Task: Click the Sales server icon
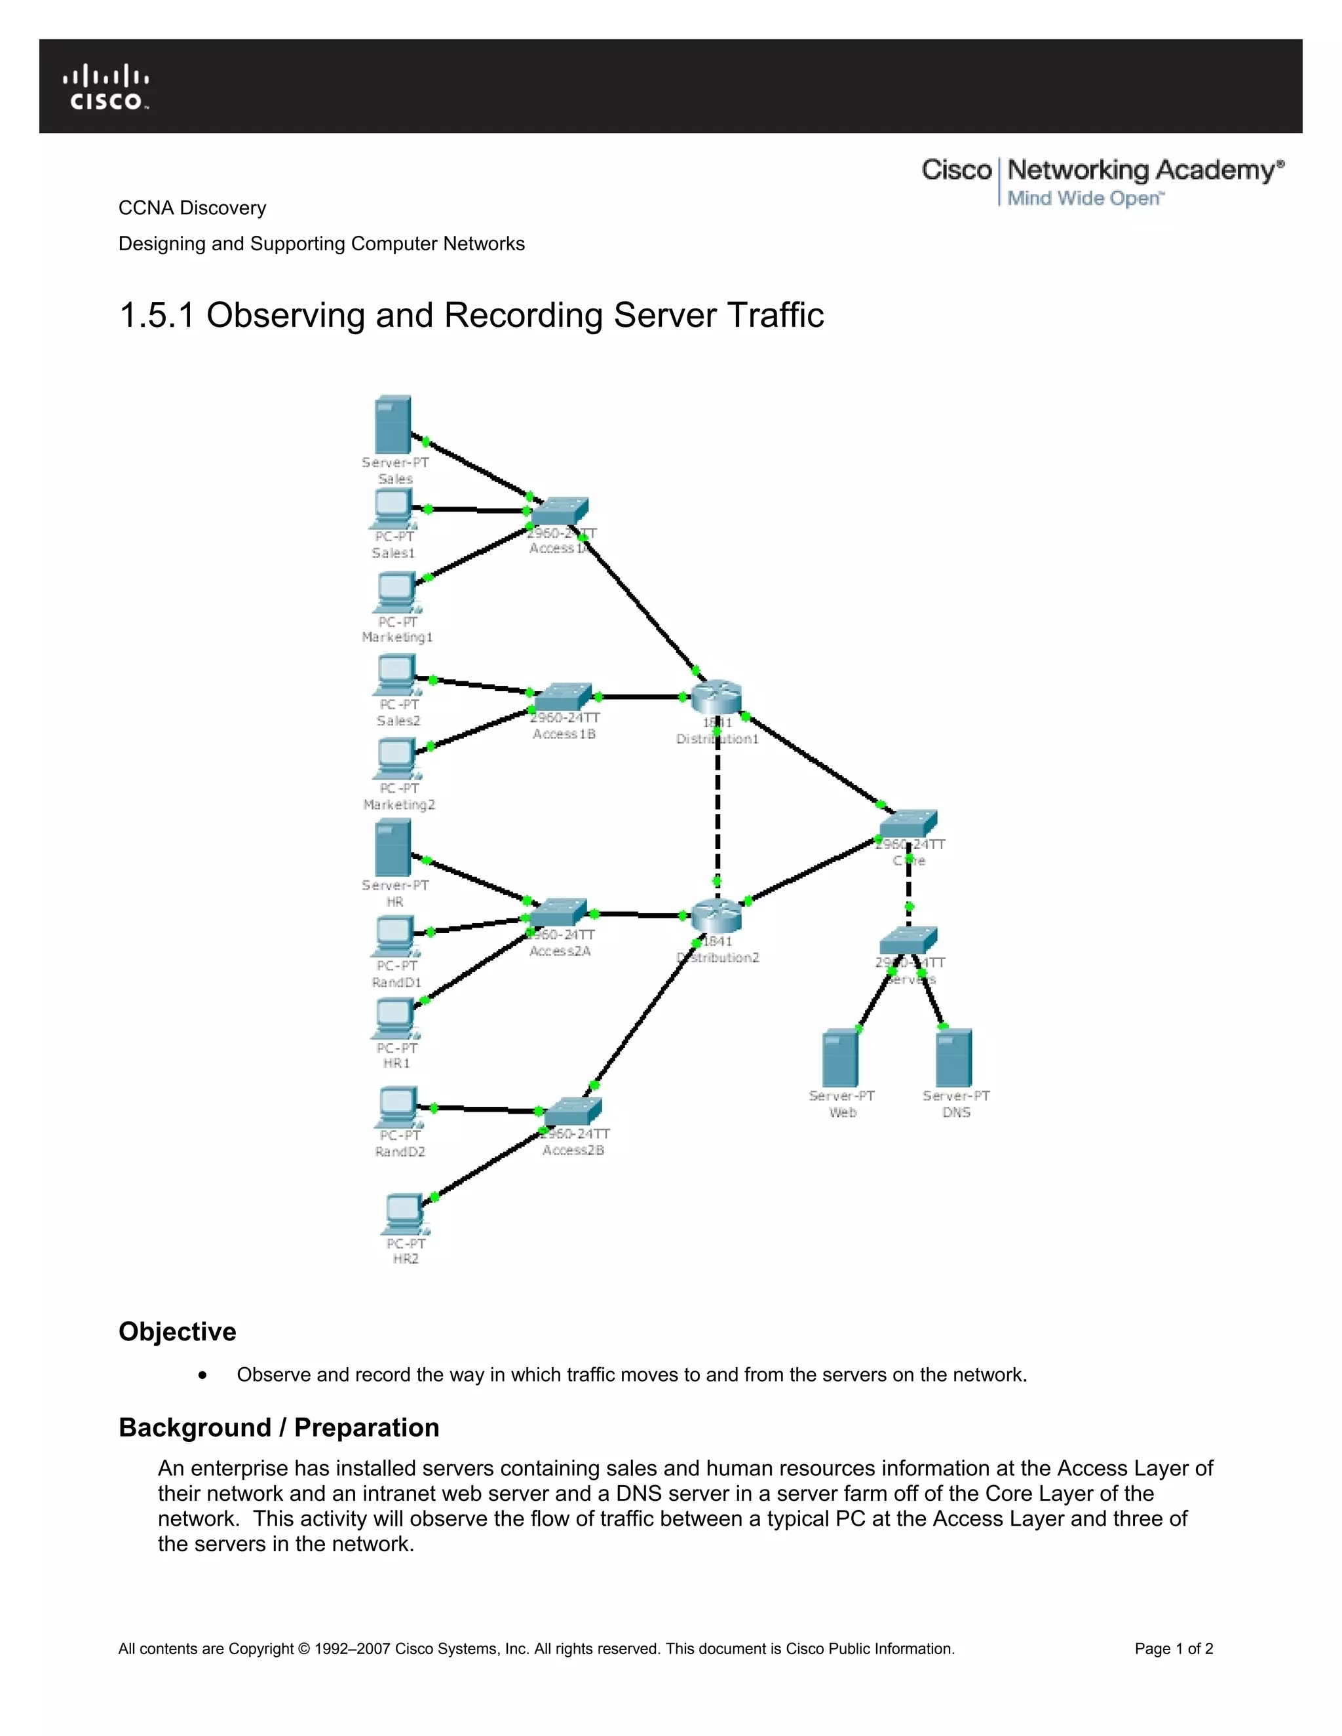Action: (393, 425)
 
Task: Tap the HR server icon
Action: (393, 848)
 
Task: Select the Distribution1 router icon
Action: (716, 697)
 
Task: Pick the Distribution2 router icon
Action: (716, 916)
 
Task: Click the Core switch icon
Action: (908, 823)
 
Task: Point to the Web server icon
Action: (840, 1057)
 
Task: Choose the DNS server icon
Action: (954, 1057)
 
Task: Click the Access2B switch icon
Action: (573, 1111)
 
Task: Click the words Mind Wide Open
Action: (1084, 198)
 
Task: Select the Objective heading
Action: (178, 1331)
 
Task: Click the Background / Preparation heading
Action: (278, 1427)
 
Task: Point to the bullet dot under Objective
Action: (204, 1375)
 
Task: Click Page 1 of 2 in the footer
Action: (1174, 1649)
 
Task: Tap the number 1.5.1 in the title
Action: (157, 316)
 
